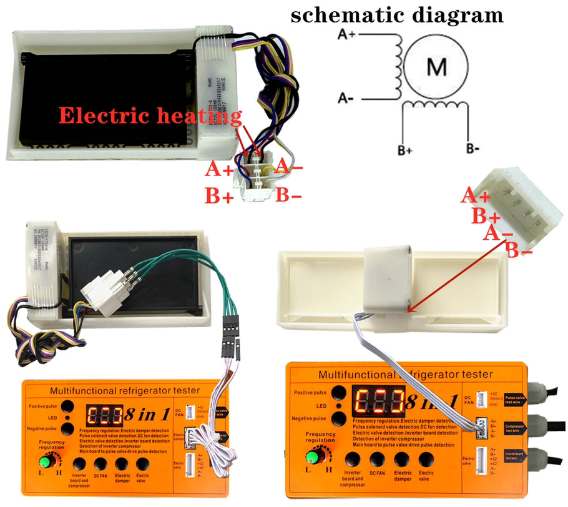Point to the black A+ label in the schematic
tap(346, 35)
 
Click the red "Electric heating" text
tap(150, 116)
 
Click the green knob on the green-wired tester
tap(45, 463)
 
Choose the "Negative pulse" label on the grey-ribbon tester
tap(310, 418)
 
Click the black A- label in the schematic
tap(346, 98)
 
